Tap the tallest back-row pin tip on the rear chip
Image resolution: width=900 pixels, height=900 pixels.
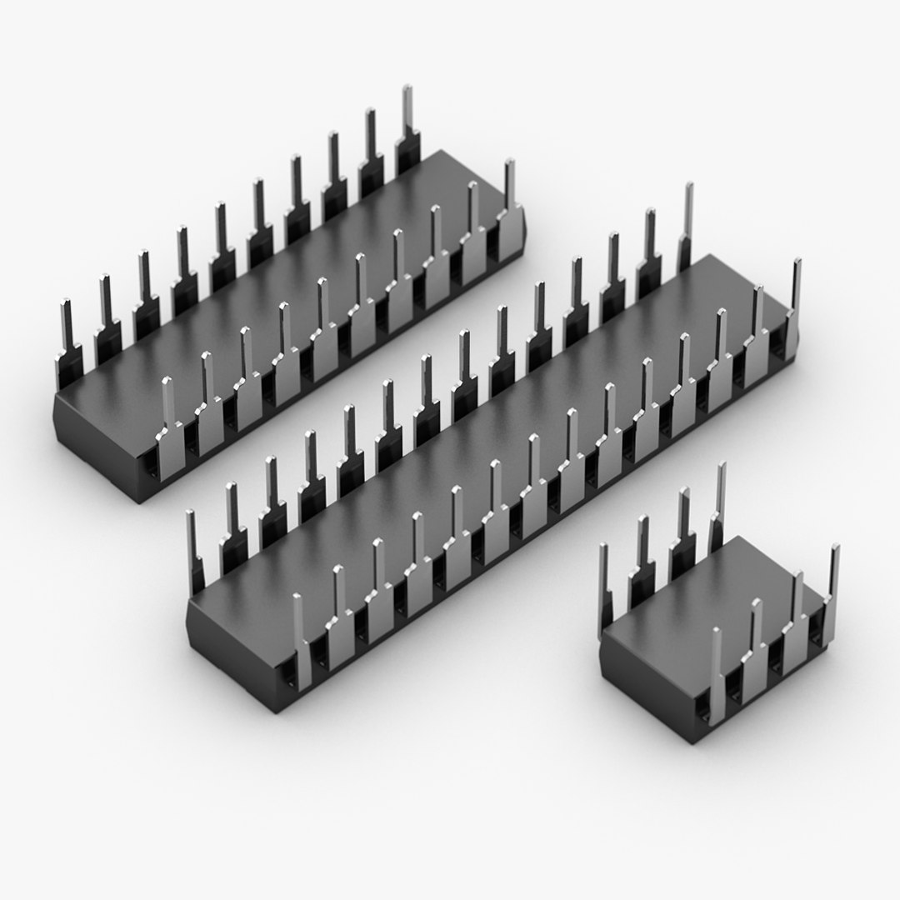pyautogui.click(x=407, y=92)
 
